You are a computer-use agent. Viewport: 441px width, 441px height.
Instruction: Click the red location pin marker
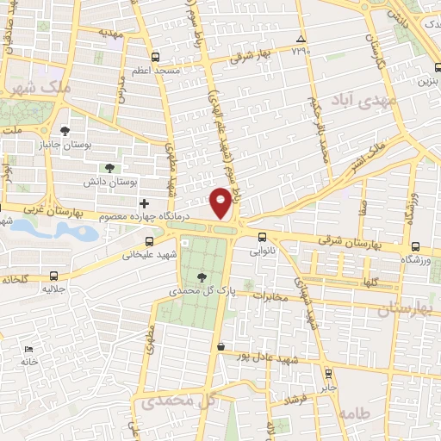click(221, 202)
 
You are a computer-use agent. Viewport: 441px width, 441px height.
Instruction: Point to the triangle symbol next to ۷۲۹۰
click(300, 40)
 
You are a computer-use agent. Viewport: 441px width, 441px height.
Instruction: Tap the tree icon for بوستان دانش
click(109, 169)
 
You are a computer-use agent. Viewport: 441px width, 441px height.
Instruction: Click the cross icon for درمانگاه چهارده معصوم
click(144, 203)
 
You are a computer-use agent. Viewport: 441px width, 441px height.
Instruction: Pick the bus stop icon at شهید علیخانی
click(151, 241)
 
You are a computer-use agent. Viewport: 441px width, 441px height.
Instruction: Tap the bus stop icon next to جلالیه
click(55, 276)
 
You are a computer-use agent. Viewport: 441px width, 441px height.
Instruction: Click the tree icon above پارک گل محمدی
click(202, 277)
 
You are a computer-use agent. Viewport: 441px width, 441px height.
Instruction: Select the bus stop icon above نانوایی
click(262, 239)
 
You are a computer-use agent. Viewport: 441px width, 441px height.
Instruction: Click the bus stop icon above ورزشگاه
click(416, 245)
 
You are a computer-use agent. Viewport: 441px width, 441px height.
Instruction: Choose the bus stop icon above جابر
click(327, 373)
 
